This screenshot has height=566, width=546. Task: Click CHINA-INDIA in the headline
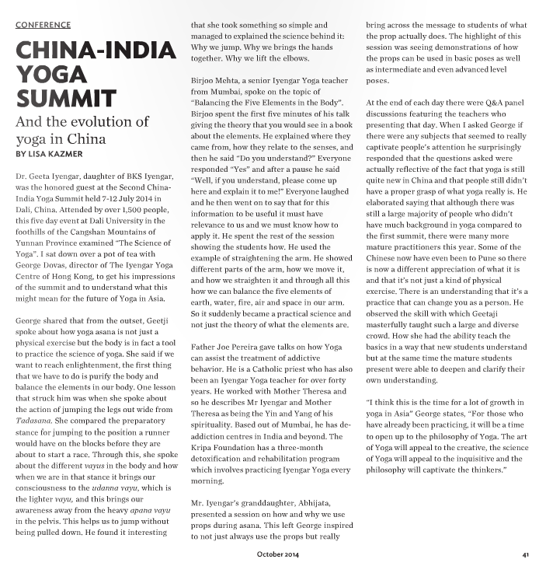point(95,52)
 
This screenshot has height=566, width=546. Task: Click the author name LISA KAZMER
point(57,154)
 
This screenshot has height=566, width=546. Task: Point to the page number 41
point(526,555)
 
